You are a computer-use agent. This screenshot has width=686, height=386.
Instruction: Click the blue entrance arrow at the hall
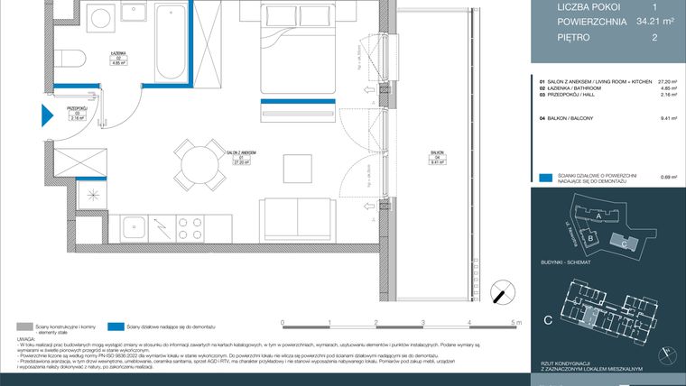click(48, 115)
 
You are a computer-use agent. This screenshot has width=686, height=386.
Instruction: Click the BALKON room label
click(437, 156)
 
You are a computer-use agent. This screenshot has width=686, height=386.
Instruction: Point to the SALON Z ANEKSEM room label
click(242, 154)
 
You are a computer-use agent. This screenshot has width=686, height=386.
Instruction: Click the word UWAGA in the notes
click(26, 340)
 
